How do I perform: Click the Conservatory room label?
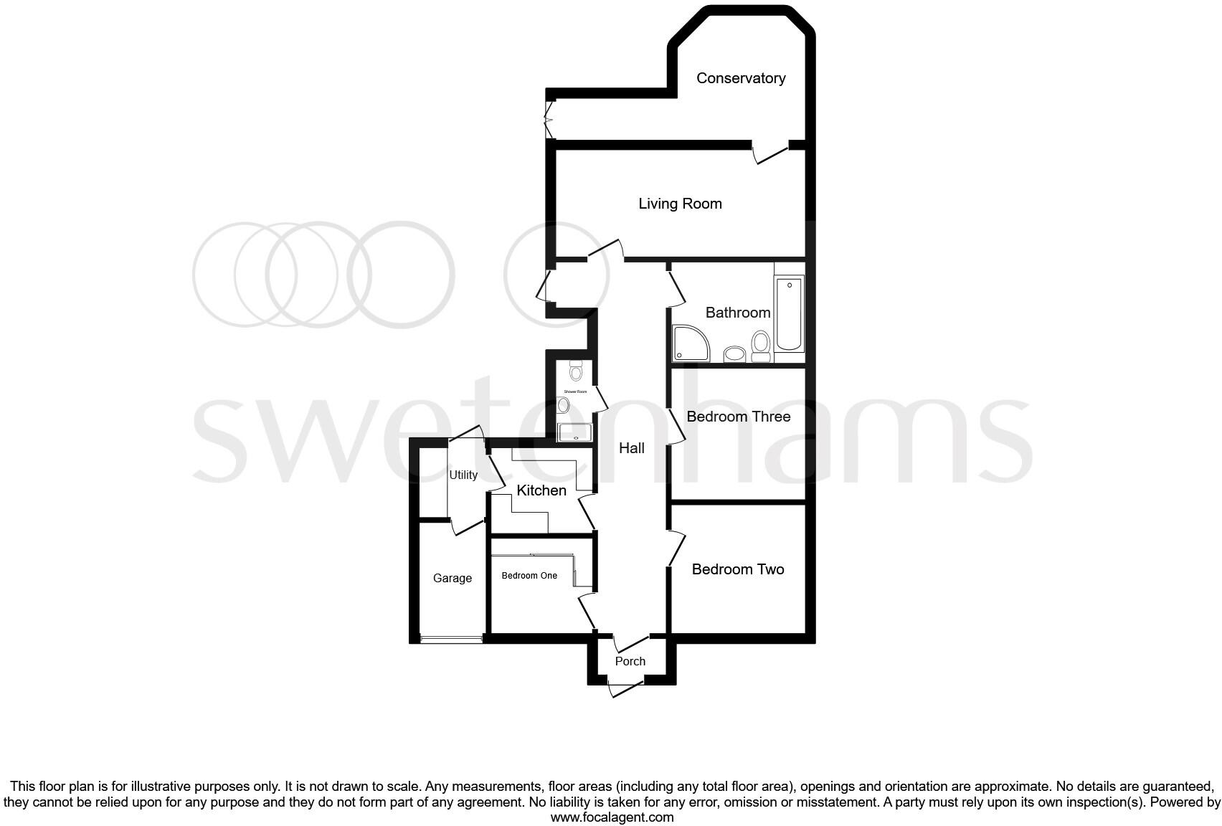[x=741, y=78]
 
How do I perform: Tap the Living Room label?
[x=680, y=204]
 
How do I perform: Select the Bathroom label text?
[x=738, y=313]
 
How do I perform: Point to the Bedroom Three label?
[x=739, y=417]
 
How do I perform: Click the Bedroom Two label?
[x=738, y=569]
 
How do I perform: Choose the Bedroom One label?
[x=529, y=576]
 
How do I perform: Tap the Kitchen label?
[x=541, y=490]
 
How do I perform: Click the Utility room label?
[x=463, y=475]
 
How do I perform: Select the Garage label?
[x=453, y=578]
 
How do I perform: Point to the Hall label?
[x=632, y=448]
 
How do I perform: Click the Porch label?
[x=630, y=661]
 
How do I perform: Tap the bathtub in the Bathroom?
[x=789, y=314]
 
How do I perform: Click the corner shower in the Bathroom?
[x=690, y=343]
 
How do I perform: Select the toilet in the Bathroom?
[x=761, y=346]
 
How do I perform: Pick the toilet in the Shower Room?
[x=576, y=371]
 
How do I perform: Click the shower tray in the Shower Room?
[x=575, y=432]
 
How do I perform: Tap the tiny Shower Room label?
[x=575, y=391]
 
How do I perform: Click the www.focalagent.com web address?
[x=612, y=817]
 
